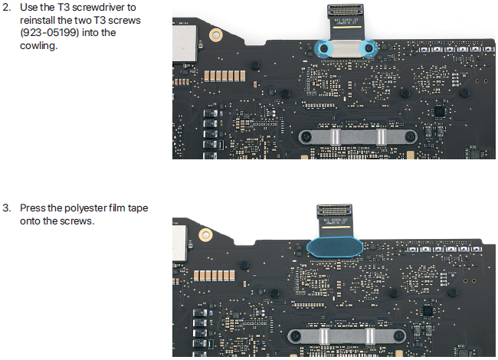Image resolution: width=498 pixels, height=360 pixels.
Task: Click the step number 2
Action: coord(6,8)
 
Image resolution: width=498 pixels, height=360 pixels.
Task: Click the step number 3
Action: coord(6,208)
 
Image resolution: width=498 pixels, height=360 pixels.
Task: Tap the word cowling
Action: coord(39,46)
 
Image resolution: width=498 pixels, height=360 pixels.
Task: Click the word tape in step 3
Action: coord(138,208)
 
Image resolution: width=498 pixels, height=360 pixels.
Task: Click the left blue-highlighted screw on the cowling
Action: coord(323,48)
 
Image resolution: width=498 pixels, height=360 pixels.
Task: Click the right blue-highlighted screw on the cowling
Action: coord(369,48)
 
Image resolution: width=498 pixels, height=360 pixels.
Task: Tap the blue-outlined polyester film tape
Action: coord(335,247)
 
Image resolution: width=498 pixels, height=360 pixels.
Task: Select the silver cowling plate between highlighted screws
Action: coord(346,48)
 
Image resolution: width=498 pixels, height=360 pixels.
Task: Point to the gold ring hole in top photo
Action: coord(215,34)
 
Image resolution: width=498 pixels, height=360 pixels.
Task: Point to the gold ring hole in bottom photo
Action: coord(205,235)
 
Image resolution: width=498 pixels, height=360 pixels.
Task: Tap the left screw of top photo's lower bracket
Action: coord(306,137)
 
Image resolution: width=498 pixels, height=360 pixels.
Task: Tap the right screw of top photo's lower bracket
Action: coord(411,137)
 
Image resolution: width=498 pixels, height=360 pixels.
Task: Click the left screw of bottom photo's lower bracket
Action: coord(296,335)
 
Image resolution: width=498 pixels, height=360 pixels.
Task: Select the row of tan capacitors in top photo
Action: coord(224,76)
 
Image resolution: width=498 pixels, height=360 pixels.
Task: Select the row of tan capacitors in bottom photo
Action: coord(215,275)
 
